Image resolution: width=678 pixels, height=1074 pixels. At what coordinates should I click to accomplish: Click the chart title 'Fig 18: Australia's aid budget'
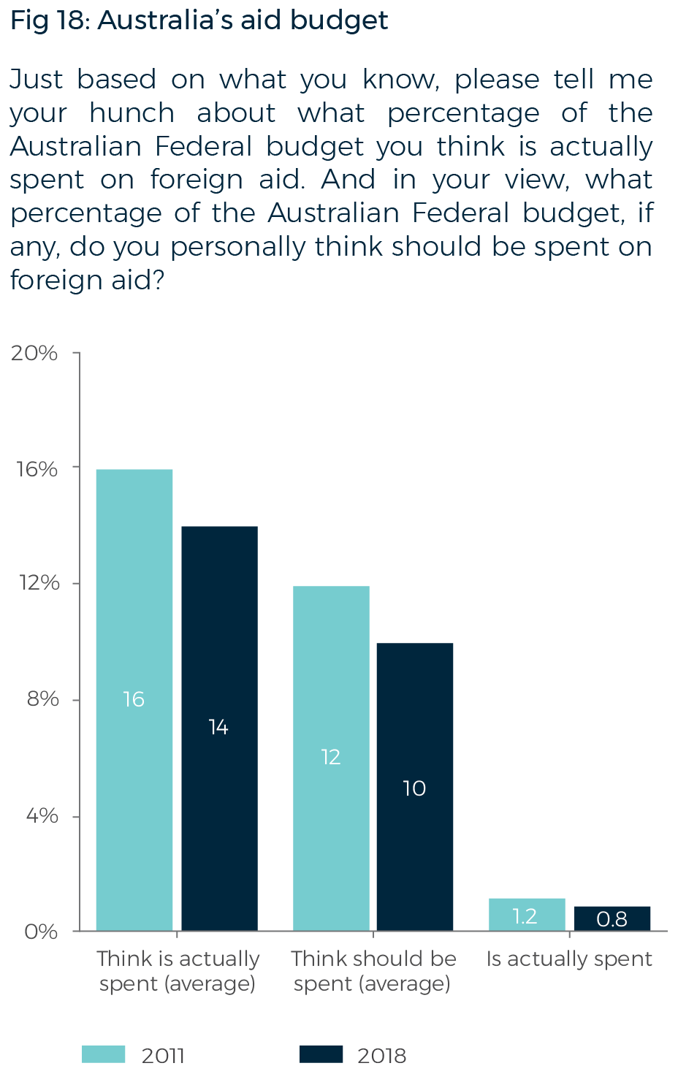coord(199,20)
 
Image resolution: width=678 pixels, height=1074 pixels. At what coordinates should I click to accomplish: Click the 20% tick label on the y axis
coord(34,354)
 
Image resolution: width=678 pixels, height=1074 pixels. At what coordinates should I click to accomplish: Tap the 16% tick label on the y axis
coord(37,469)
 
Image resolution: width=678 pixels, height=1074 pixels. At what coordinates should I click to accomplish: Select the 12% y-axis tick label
coord(39,583)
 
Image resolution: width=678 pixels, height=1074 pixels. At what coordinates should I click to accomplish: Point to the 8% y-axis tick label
coord(42,699)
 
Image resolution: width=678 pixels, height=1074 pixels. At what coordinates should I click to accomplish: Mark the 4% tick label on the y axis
coord(42,815)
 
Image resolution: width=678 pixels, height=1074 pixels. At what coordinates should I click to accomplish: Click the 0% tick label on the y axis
coord(41,932)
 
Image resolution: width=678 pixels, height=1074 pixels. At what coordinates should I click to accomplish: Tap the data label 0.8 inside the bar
coord(612,918)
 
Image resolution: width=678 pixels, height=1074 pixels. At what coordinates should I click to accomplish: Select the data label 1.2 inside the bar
coord(525,916)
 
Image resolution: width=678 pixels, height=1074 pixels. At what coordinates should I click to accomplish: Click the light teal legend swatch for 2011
coord(103,1054)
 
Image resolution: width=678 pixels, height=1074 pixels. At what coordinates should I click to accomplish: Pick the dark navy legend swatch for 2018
coord(321,1054)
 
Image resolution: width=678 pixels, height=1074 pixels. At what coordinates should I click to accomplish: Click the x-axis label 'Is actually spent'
coord(569,959)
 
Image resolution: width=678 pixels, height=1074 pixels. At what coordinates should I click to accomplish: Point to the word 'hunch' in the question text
coord(132,113)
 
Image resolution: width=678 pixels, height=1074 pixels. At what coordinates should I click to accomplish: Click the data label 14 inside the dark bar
coord(218,727)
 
